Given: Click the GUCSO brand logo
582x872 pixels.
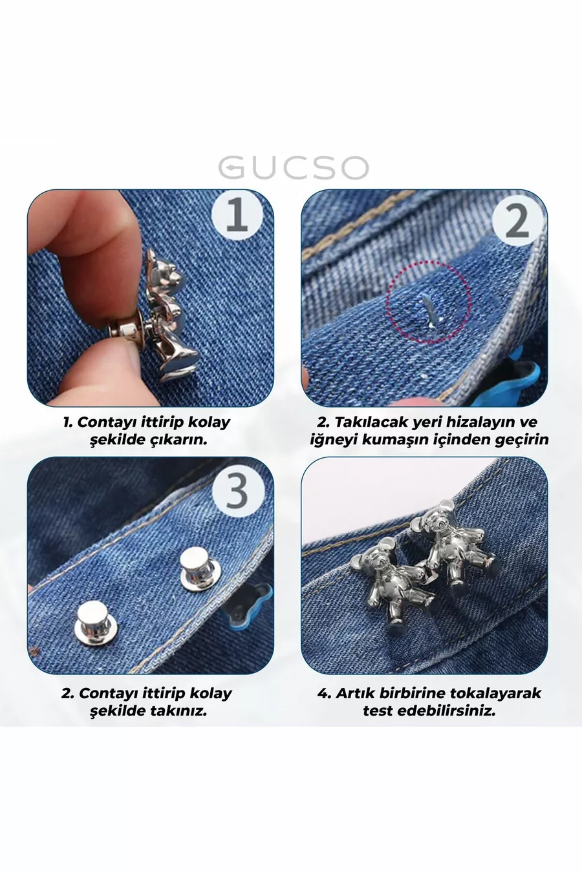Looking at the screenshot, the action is coord(293,168).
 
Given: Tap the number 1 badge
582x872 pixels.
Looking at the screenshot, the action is coord(237,215).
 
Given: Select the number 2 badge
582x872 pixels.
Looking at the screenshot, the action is coord(517,223).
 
